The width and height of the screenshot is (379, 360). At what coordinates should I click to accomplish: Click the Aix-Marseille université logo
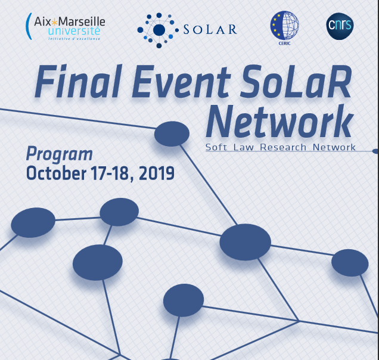tap(66, 26)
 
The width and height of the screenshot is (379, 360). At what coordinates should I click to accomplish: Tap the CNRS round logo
tap(340, 26)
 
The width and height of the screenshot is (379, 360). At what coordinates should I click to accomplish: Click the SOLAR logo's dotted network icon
tap(158, 30)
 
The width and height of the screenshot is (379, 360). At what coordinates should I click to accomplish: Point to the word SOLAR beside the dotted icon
tap(210, 29)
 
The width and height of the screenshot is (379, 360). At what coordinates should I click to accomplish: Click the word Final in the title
tap(79, 82)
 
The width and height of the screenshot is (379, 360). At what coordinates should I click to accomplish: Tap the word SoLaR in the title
tap(296, 82)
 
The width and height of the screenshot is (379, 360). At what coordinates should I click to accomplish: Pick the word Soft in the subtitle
tap(216, 147)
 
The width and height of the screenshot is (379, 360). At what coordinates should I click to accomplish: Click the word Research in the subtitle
tap(283, 147)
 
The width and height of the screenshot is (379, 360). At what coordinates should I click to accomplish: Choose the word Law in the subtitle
tap(244, 147)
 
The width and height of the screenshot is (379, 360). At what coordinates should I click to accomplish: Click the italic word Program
tap(60, 154)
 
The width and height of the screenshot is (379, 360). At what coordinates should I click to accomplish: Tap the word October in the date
tap(56, 173)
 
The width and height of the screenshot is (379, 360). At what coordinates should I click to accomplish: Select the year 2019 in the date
tap(157, 173)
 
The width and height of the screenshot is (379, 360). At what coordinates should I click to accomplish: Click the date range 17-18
tap(113, 173)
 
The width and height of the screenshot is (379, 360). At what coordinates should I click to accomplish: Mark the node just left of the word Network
tap(172, 134)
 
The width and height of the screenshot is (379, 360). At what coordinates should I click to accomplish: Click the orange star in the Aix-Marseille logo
tap(55, 22)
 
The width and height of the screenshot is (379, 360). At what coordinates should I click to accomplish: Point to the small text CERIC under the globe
tap(284, 44)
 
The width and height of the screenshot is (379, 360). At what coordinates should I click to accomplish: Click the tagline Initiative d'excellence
tap(74, 39)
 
